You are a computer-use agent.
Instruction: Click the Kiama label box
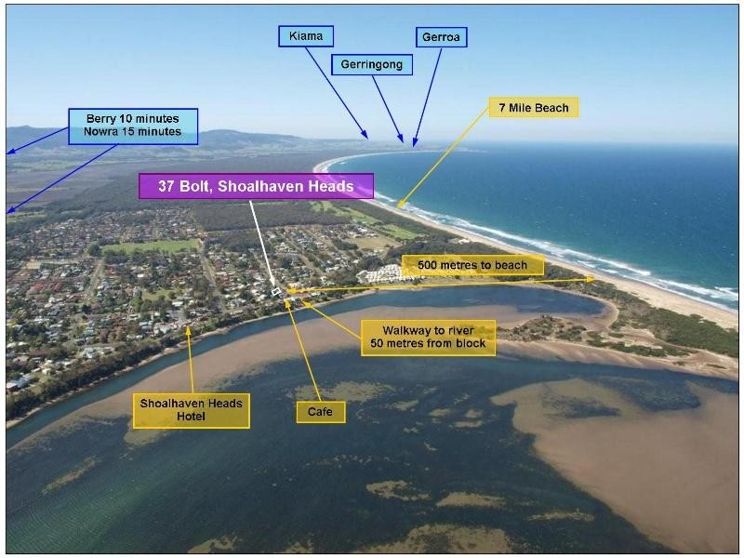tap(305, 36)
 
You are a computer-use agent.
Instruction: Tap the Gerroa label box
tap(440, 36)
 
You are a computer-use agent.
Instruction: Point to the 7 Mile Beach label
tap(534, 108)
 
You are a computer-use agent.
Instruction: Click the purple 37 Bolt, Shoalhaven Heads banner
tap(256, 186)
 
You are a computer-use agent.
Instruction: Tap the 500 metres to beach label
tap(472, 265)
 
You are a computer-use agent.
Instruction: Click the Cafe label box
tap(320, 410)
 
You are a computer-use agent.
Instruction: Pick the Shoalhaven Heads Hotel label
tap(192, 410)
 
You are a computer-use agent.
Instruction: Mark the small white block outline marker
tap(276, 292)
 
